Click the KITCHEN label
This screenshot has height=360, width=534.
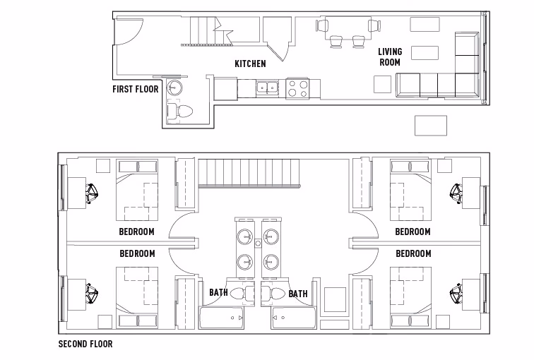(x=250, y=64)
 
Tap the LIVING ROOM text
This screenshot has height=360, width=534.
(x=389, y=57)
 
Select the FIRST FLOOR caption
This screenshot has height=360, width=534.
(x=136, y=90)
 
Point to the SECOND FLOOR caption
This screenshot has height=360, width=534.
(x=85, y=345)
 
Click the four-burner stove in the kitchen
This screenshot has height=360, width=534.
(x=297, y=89)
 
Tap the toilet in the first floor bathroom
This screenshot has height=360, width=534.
(x=180, y=112)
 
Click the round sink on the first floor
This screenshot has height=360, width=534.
(x=174, y=88)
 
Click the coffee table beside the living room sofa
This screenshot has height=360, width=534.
(x=425, y=54)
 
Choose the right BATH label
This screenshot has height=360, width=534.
(x=297, y=294)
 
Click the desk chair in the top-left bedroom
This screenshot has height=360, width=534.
(x=92, y=193)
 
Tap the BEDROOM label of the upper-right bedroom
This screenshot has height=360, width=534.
(x=413, y=232)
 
